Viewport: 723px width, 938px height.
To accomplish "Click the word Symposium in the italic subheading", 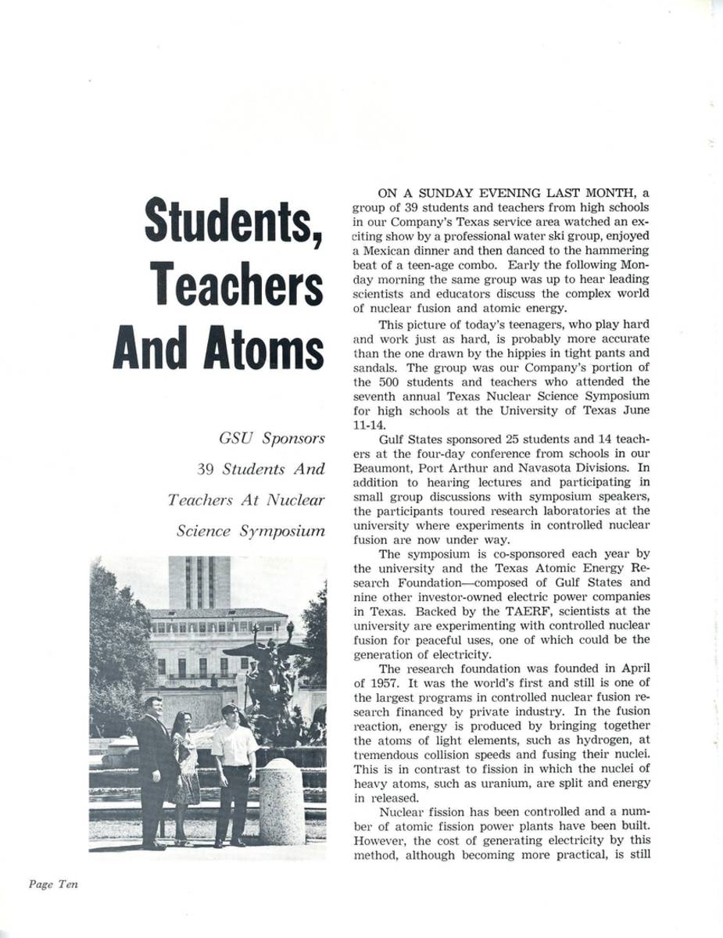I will click(x=282, y=532).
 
